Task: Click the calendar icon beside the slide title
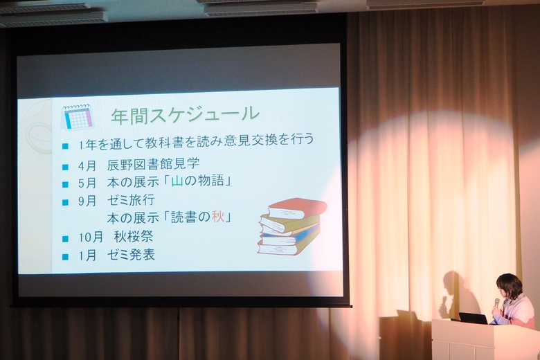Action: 77,117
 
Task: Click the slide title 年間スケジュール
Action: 185,115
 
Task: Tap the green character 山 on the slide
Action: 177,181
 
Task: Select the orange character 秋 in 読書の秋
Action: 217,217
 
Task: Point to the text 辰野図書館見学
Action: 153,164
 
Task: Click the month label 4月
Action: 87,165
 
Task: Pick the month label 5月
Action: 87,183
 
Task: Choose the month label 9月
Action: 87,201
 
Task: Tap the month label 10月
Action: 91,237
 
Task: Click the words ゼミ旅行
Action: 131,200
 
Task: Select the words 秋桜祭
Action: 134,236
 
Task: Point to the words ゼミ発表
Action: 131,255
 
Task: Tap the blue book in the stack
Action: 291,236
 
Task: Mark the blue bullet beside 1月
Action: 66,257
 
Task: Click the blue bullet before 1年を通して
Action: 66,146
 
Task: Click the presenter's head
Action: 510,286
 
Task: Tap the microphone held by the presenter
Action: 496,304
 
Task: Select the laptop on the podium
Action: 473,318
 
